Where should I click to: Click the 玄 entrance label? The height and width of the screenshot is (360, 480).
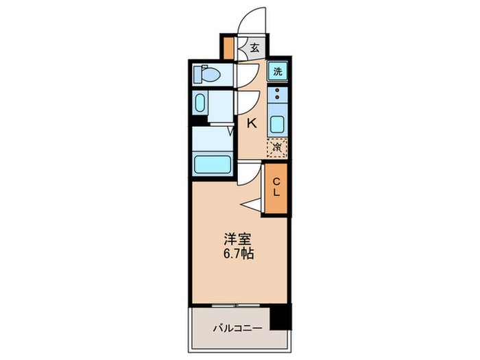pyautogui.click(x=254, y=47)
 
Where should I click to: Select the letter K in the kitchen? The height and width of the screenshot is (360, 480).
pyautogui.click(x=252, y=124)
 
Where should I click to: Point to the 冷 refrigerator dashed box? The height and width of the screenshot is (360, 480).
pyautogui.click(x=278, y=146)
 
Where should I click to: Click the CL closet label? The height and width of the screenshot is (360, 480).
pyautogui.click(x=276, y=187)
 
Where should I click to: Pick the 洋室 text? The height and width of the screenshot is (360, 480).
pyautogui.click(x=239, y=240)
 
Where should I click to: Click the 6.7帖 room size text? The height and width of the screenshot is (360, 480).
pyautogui.click(x=239, y=254)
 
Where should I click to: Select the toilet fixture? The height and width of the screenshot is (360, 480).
pyautogui.click(x=206, y=73)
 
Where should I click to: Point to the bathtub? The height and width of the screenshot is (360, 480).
pyautogui.click(x=213, y=165)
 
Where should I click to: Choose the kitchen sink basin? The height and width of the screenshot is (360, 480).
pyautogui.click(x=278, y=125)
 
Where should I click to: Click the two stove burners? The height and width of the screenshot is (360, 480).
pyautogui.click(x=278, y=95)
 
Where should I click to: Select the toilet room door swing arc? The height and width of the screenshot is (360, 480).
pyautogui.click(x=246, y=76)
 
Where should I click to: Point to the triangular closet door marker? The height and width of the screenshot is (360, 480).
pyautogui.click(x=250, y=203)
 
